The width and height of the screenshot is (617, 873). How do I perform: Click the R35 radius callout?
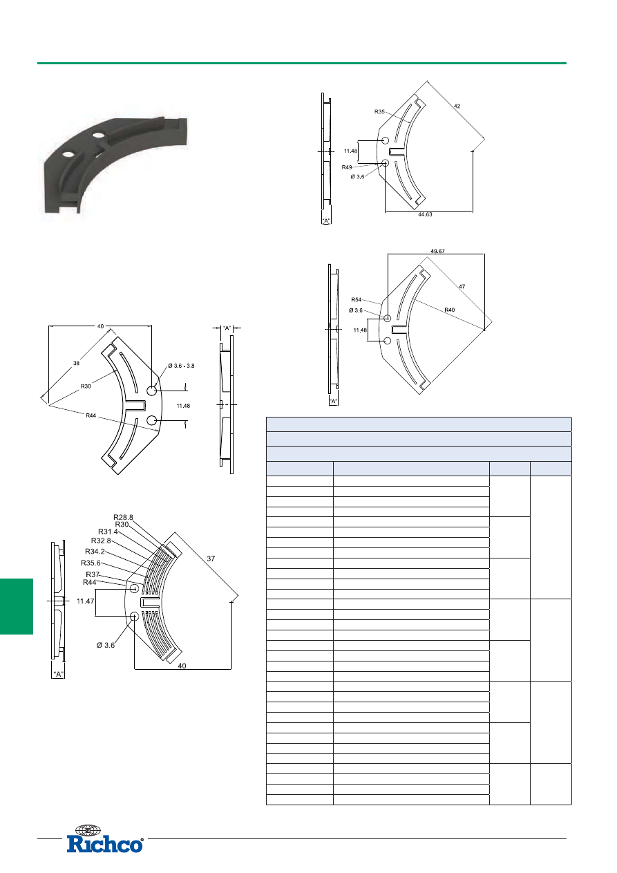[x=379, y=112]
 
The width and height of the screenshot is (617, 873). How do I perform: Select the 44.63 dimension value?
[x=425, y=214]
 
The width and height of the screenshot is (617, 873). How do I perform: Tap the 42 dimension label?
[x=457, y=106]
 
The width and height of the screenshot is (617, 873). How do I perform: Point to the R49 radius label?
[x=347, y=167]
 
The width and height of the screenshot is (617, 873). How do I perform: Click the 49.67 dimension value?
[x=437, y=251]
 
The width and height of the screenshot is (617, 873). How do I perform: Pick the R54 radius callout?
[x=356, y=300]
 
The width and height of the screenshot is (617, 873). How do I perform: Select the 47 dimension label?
[x=462, y=286]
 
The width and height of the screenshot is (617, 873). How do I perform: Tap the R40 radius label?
[x=450, y=310]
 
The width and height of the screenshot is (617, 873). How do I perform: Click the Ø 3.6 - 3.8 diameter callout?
[x=181, y=366]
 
